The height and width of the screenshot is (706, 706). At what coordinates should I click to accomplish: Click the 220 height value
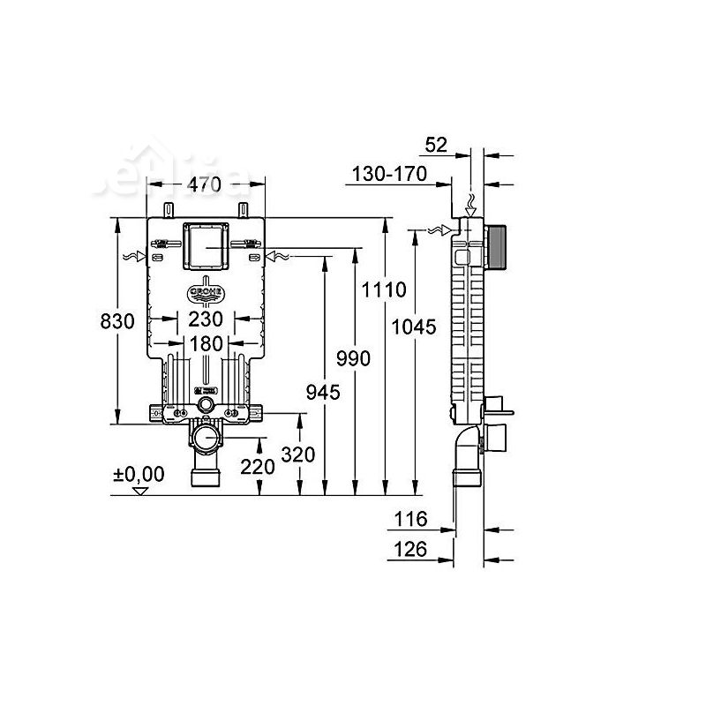[x=258, y=467]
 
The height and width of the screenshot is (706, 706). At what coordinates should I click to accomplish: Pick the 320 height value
[x=298, y=456]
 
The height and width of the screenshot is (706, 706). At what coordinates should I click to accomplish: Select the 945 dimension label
[x=323, y=392]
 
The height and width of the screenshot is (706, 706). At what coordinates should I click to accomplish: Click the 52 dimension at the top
[x=437, y=145]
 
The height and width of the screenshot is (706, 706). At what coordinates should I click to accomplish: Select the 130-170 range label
[x=389, y=174]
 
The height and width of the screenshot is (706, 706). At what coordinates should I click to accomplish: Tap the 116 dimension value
[x=411, y=520]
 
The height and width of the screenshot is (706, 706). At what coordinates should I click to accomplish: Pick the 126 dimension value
[x=411, y=549]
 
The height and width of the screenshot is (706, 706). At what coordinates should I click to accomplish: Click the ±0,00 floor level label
[x=139, y=474]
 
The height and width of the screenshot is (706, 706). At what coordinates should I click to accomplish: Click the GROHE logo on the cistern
[x=205, y=289]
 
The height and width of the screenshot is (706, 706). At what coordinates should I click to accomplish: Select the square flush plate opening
[x=205, y=247]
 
